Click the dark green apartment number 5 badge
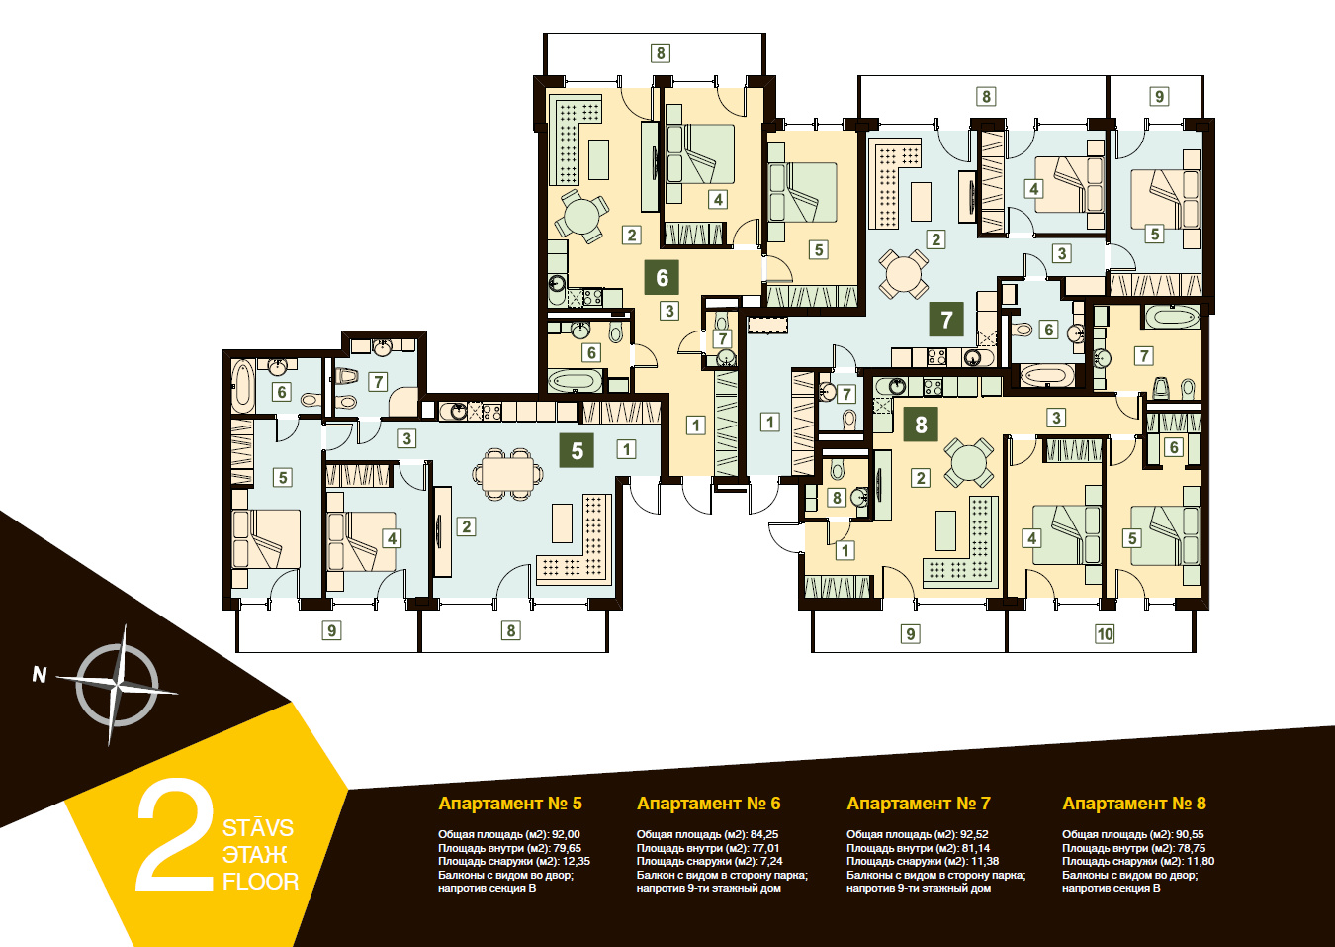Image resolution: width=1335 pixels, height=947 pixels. [577, 450]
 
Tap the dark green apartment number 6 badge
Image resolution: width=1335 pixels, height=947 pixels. [662, 277]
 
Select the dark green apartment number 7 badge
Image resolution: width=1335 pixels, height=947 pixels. [946, 320]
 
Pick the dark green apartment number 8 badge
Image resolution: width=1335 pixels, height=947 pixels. [921, 424]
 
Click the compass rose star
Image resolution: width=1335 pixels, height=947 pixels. [118, 686]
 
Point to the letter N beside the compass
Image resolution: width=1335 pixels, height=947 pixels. [40, 675]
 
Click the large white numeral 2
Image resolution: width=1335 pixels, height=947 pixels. [175, 835]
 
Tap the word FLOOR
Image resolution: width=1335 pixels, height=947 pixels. [260, 882]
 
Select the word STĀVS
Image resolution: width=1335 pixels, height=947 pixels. [258, 827]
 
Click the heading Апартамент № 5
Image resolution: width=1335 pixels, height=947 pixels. [510, 804]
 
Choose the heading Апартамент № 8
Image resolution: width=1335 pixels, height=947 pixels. [1134, 804]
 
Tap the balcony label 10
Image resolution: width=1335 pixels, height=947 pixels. [1105, 634]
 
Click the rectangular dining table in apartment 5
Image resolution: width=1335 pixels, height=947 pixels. [507, 474]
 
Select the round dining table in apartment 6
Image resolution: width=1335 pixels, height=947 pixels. [581, 217]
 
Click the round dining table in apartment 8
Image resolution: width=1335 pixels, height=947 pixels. [969, 463]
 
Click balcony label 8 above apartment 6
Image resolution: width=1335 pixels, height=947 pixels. [661, 53]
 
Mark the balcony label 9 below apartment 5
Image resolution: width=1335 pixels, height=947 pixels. [332, 630]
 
